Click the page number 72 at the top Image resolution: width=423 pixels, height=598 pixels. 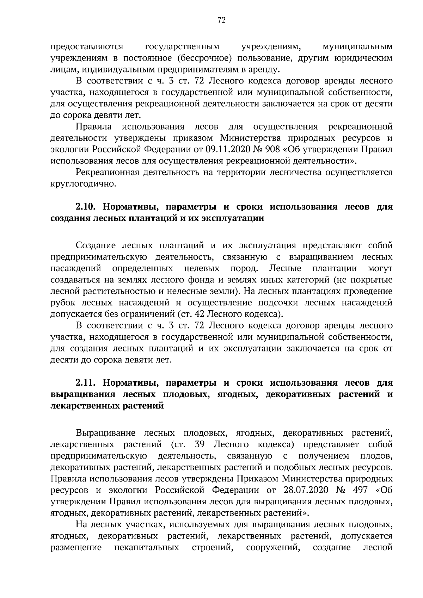222,20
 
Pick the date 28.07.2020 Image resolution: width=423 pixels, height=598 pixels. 305,490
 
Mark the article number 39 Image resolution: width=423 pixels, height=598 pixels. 200,444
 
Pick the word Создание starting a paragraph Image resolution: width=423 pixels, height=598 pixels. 94,245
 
